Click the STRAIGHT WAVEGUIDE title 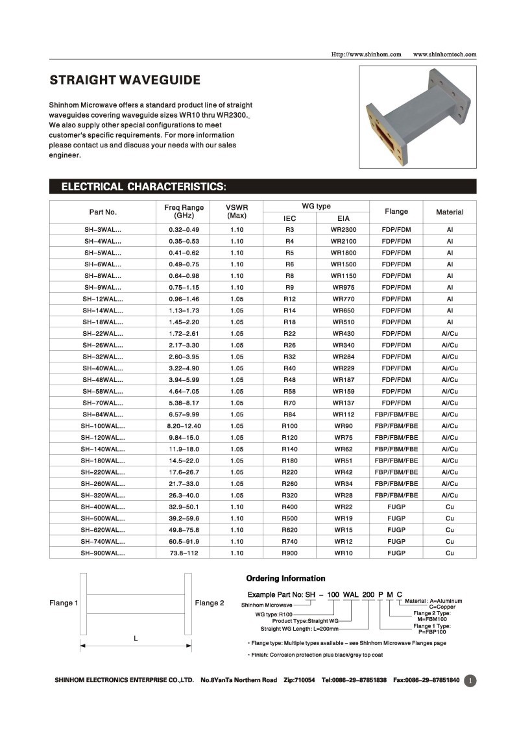pyautogui.click(x=125, y=81)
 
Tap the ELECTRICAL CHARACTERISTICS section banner pyautogui.click(x=143, y=187)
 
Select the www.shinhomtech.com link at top pyautogui.click(x=444, y=54)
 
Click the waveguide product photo pyautogui.click(x=417, y=117)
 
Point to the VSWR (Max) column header pyautogui.click(x=237, y=211)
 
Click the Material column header pyautogui.click(x=450, y=212)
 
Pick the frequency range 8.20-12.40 pyautogui.click(x=184, y=426)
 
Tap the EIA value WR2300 pyautogui.click(x=343, y=230)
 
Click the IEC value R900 pyautogui.click(x=289, y=553)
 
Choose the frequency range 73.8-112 pyautogui.click(x=184, y=553)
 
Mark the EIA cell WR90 pyautogui.click(x=343, y=426)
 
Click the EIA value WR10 pyautogui.click(x=343, y=553)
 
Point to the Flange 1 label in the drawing pyautogui.click(x=64, y=603)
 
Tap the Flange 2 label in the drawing pyautogui.click(x=210, y=603)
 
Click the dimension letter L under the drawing pyautogui.click(x=136, y=639)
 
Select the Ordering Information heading pyautogui.click(x=285, y=578)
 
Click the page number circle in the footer pyautogui.click(x=470, y=680)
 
